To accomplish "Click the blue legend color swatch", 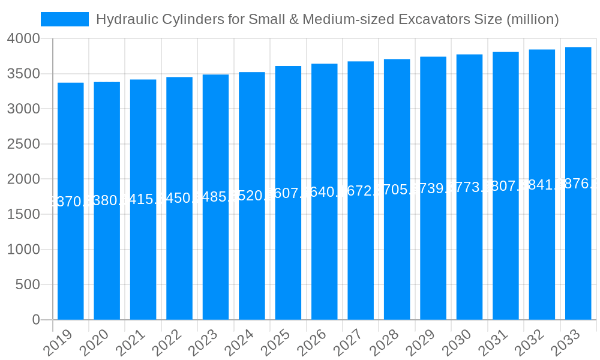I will pyautogui.click(x=65, y=19).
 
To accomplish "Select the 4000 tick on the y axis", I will pyautogui.click(x=23, y=38).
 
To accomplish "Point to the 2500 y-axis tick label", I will pyautogui.click(x=23, y=144).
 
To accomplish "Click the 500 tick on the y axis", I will pyautogui.click(x=28, y=284).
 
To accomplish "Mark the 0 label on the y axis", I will pyautogui.click(x=36, y=320).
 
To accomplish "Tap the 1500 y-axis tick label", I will pyautogui.click(x=23, y=214).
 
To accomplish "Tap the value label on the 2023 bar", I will pyautogui.click(x=216, y=197).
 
